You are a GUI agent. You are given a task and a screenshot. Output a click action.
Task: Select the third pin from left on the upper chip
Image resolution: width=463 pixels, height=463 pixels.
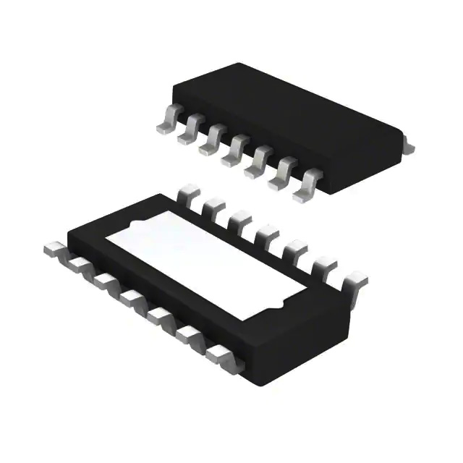click(x=211, y=143)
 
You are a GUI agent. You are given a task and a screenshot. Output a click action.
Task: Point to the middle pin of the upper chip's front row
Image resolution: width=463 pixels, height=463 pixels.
click(x=233, y=152)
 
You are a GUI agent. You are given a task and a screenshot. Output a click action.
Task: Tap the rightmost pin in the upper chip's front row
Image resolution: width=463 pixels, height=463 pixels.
click(x=307, y=186)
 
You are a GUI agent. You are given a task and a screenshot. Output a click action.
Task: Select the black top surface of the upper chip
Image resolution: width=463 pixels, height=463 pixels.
click(x=289, y=116)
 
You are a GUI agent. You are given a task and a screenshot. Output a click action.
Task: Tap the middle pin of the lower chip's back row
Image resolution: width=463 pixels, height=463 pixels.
click(x=266, y=232)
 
